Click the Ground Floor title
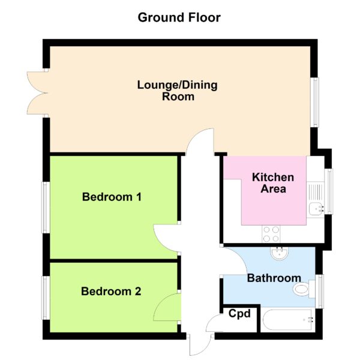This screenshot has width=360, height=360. [x=179, y=17]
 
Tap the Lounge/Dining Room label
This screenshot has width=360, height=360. [x=177, y=91]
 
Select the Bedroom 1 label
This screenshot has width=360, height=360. [x=112, y=197]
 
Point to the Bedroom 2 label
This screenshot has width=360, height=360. [x=111, y=292]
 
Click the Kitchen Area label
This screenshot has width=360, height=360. [x=273, y=183]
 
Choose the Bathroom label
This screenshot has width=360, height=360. [x=274, y=278]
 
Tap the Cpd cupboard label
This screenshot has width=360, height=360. [x=239, y=314]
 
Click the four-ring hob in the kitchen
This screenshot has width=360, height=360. [x=271, y=234]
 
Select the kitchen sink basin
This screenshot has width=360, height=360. [x=316, y=209]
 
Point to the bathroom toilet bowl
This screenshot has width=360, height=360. [x=301, y=289]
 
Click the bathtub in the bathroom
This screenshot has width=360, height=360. [x=288, y=320]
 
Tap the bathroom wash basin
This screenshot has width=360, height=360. [x=280, y=253]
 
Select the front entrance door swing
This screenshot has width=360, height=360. [x=200, y=345]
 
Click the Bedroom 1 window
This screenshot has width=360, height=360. [x=46, y=208]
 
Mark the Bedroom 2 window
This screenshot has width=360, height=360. [x=46, y=298]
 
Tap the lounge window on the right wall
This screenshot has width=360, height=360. [x=315, y=102]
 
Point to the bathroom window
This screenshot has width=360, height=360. [x=319, y=292]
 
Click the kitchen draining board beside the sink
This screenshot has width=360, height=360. [x=316, y=192]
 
